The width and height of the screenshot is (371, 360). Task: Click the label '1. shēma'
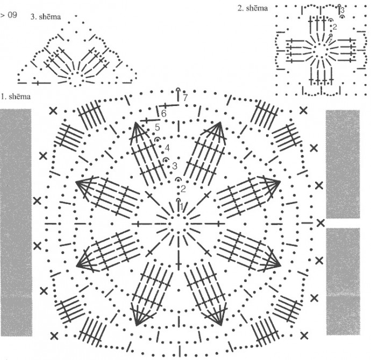coord(16,97)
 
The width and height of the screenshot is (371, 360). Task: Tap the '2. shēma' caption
coord(252,9)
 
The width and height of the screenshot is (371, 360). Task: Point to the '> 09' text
coord(9,16)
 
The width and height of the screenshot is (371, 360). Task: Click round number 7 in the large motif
coord(184,98)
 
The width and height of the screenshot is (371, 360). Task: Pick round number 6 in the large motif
coord(163,114)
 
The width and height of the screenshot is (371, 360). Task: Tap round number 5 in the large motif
coord(158,128)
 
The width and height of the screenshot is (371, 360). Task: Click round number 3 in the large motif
coord(174,165)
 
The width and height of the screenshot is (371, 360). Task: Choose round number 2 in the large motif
coord(183,188)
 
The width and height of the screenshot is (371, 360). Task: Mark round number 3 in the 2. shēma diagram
coord(343,10)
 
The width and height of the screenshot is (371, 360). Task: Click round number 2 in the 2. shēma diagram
coord(334,26)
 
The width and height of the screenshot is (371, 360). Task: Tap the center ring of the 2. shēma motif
coord(320,50)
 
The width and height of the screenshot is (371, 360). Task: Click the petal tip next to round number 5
coord(138,124)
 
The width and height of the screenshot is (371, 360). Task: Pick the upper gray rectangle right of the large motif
coord(343,164)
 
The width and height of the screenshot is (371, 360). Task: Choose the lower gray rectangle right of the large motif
coord(343,281)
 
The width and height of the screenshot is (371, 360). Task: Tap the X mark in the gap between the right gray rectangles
coord(321,222)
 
